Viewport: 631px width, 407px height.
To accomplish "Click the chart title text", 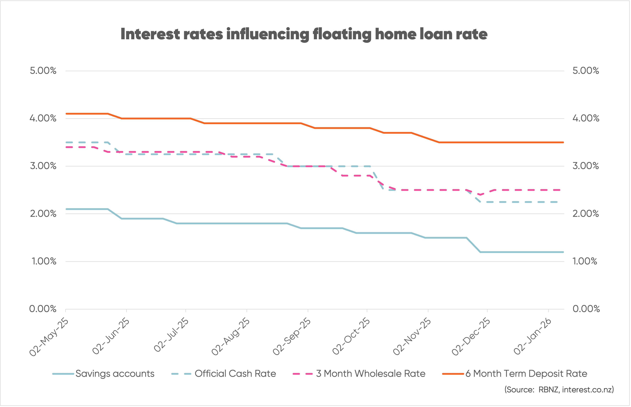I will (304, 34).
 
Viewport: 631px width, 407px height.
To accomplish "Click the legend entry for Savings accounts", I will (115, 374).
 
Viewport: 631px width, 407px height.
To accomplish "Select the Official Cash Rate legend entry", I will (235, 374).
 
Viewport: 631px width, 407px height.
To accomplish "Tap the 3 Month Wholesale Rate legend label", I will (370, 374).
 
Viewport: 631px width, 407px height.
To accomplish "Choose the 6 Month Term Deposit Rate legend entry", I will (526, 374).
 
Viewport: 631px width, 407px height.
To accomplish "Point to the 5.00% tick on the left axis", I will (43, 71).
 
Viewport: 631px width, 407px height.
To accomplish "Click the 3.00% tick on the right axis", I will (585, 166).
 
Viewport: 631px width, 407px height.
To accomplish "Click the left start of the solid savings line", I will (67, 209).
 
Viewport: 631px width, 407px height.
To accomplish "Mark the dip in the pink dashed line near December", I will (480, 194).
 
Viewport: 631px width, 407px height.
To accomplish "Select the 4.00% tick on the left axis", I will (43, 118).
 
